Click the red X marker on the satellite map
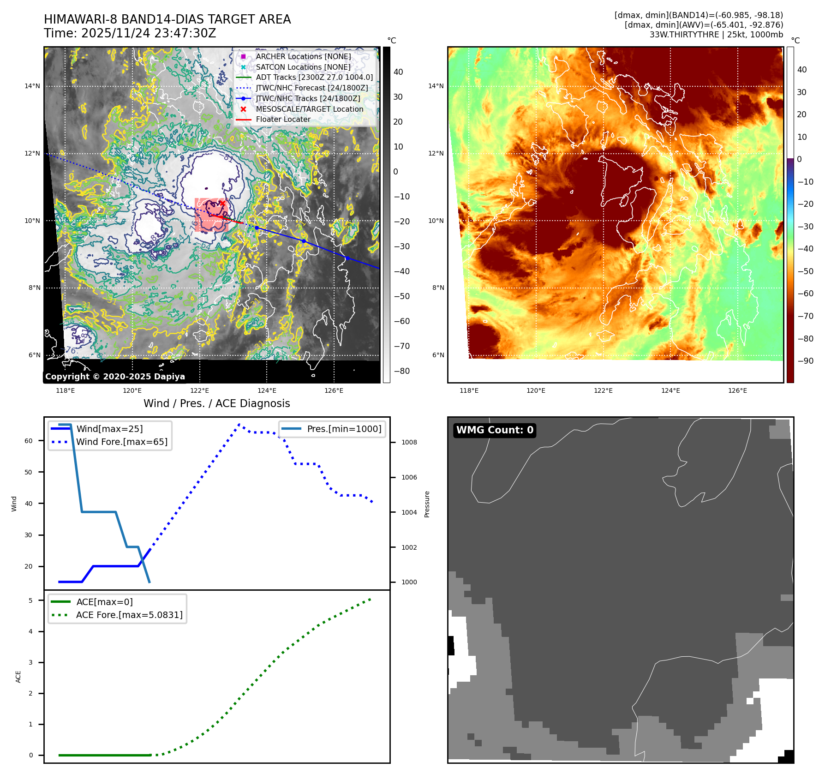pyautogui.click(x=222, y=203)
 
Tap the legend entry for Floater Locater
pyautogui.click(x=283, y=120)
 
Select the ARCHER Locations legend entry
pyautogui.click(x=303, y=56)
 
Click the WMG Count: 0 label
pyautogui.click(x=495, y=430)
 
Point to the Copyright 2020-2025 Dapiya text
pyautogui.click(x=115, y=377)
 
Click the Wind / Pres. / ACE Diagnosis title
pyautogui.click(x=217, y=403)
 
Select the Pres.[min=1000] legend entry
pyautogui.click(x=344, y=429)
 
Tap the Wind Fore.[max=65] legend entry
pyautogui.click(x=122, y=442)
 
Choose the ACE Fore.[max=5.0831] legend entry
pyautogui.click(x=129, y=615)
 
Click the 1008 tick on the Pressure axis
pyautogui.click(x=409, y=442)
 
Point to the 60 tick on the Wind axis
pyautogui.click(x=29, y=441)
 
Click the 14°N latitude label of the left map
pyautogui.click(x=32, y=86)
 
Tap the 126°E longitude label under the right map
pyautogui.click(x=737, y=390)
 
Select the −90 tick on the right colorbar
pyautogui.click(x=806, y=361)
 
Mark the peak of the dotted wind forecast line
pyautogui.click(x=239, y=424)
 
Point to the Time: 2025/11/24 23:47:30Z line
pyautogui.click(x=130, y=33)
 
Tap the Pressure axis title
pyautogui.click(x=427, y=504)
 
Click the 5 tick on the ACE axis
pyautogui.click(x=30, y=600)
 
